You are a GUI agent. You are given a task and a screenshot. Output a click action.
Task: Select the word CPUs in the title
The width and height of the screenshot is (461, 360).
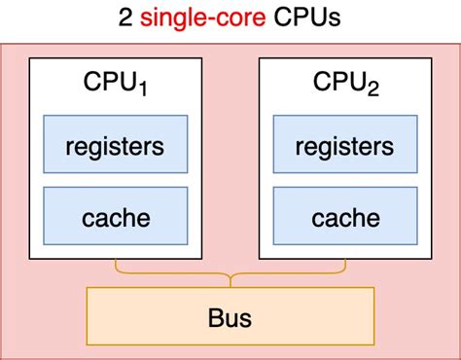click(305, 19)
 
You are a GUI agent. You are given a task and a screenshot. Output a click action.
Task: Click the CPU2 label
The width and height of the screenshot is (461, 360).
click(345, 83)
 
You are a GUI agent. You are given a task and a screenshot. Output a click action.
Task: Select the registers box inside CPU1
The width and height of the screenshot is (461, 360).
click(115, 147)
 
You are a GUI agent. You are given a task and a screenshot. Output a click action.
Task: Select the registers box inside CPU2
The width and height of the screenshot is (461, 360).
click(345, 147)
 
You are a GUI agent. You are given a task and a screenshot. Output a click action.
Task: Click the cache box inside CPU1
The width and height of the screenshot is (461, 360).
click(115, 216)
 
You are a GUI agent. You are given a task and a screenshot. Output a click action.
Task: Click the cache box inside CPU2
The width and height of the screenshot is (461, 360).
click(345, 216)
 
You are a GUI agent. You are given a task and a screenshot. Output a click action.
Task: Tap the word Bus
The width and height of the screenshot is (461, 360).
click(230, 317)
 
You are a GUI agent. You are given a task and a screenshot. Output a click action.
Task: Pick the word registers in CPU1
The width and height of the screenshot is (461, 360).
click(115, 148)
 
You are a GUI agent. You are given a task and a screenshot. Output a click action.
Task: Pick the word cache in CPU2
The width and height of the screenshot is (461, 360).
click(345, 216)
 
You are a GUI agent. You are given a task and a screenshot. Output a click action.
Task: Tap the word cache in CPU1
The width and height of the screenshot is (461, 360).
click(115, 216)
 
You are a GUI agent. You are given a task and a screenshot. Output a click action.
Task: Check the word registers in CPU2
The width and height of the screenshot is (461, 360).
click(345, 148)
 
